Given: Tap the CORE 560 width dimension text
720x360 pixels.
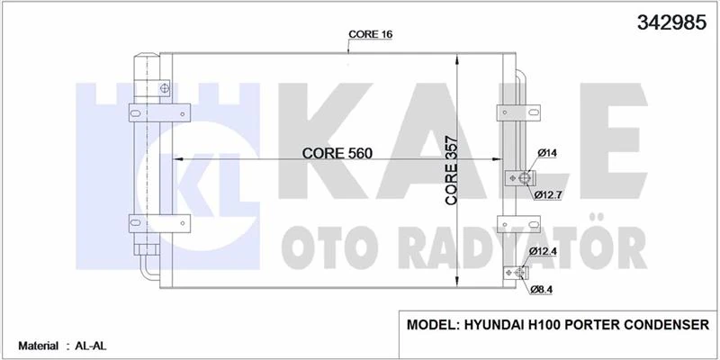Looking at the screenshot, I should (x=337, y=153).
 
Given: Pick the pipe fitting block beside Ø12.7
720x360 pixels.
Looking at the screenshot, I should (x=515, y=178).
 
